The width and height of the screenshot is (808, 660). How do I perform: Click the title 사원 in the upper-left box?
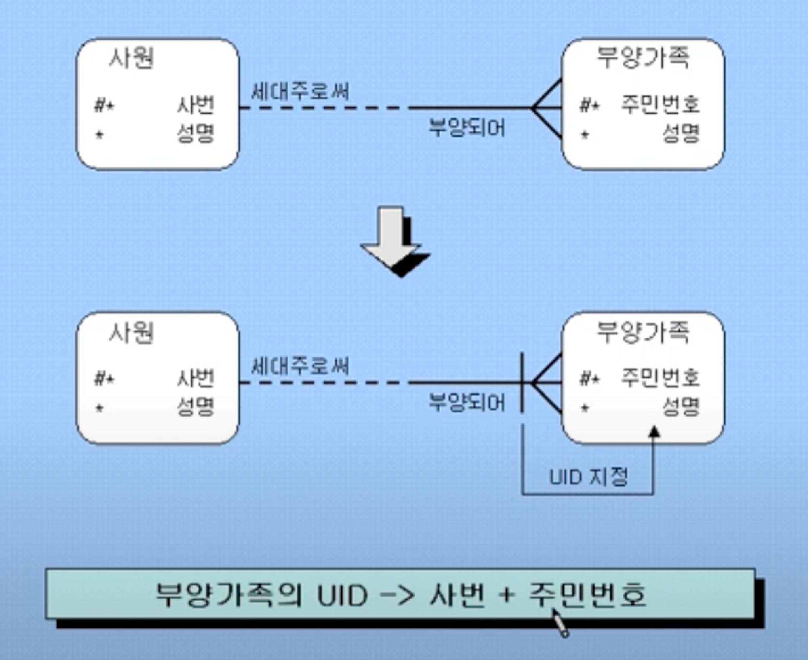click(x=132, y=58)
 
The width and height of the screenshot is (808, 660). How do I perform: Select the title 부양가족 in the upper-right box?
click(x=643, y=58)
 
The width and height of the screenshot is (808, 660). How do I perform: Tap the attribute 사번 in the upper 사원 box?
click(x=196, y=105)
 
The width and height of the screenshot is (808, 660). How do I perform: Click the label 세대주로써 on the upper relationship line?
click(x=300, y=91)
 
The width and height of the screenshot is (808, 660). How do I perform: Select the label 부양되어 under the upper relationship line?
click(x=467, y=128)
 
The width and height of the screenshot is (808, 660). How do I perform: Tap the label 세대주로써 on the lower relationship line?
click(x=300, y=366)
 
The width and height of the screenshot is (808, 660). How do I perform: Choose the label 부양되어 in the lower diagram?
click(x=467, y=402)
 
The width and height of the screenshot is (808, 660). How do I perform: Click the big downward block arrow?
click(x=395, y=242)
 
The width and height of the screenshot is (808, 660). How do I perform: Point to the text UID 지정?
click(x=589, y=477)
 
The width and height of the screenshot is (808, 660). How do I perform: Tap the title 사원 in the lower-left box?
click(x=132, y=333)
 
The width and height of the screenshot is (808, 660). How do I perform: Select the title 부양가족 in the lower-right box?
click(x=643, y=332)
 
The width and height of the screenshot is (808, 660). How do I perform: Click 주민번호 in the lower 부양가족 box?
click(x=660, y=378)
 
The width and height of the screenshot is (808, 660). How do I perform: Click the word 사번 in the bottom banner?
click(x=457, y=595)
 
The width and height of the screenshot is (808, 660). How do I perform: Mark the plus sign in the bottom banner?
click(x=506, y=595)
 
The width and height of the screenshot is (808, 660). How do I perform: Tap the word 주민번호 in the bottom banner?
click(x=587, y=595)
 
